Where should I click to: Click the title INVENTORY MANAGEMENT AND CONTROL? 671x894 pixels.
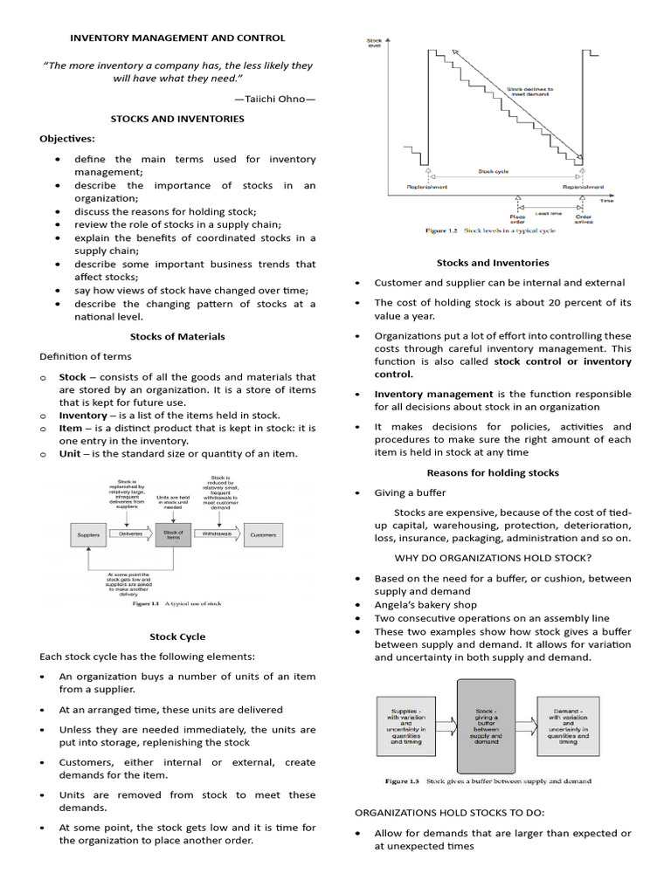[177, 38]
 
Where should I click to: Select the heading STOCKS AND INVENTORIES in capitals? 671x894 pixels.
[177, 119]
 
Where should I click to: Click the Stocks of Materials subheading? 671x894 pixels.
[177, 336]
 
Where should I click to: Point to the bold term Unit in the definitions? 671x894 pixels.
[71, 454]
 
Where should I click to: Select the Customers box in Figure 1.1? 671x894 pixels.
[264, 533]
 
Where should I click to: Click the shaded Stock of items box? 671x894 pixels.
[173, 533]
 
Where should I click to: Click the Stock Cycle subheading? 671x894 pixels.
[177, 637]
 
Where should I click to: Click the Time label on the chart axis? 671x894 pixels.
[606, 201]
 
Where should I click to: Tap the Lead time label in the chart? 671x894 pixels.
[549, 212]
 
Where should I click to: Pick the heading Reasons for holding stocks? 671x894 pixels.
[493, 473]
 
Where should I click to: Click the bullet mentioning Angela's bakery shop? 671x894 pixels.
[425, 605]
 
